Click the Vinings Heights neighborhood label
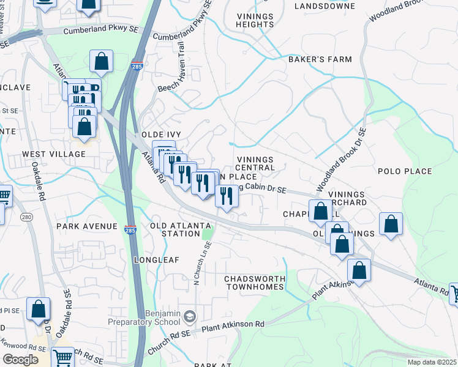tap(256, 20)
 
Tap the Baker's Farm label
tap(320, 59)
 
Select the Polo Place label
tap(405, 171)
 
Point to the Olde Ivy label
tap(161, 134)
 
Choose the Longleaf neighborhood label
tap(157, 259)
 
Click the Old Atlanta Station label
tap(181, 229)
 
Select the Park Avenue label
tap(86, 226)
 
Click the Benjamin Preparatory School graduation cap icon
tap(190, 316)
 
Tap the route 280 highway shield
tap(26, 217)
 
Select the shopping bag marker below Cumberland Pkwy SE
tap(101, 62)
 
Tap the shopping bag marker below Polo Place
tap(391, 224)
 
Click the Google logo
tap(20, 360)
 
